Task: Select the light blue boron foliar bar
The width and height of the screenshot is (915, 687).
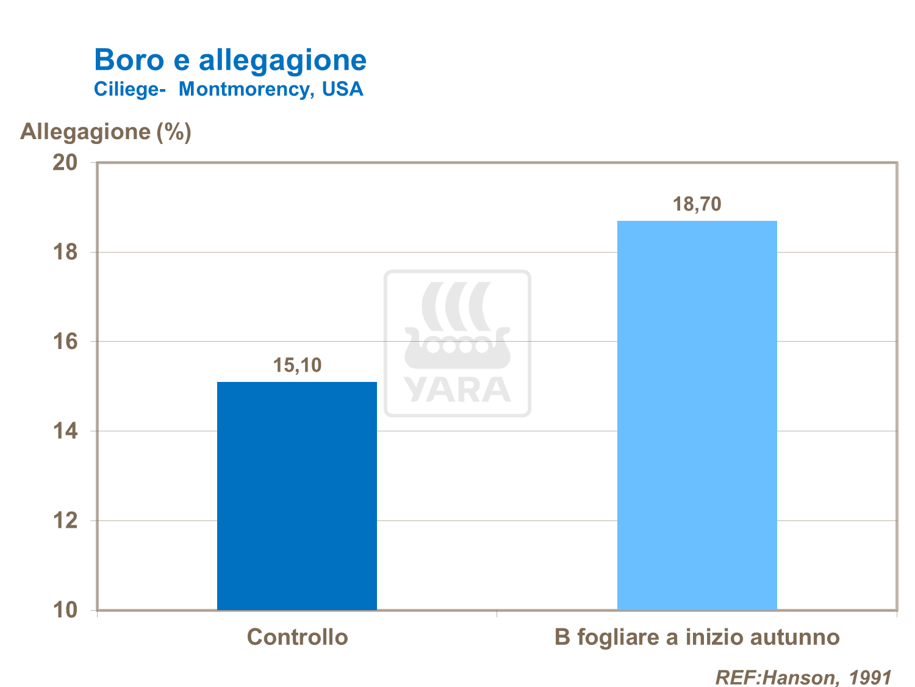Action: click(697, 415)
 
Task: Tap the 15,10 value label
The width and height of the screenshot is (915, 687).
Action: click(297, 365)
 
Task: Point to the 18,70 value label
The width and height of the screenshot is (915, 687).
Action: click(697, 204)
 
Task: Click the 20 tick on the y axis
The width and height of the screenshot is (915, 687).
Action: click(65, 162)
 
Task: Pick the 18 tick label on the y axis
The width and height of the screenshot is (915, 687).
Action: click(65, 252)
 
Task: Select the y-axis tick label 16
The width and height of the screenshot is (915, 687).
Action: click(65, 342)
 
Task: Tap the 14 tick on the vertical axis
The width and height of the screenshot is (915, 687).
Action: click(65, 431)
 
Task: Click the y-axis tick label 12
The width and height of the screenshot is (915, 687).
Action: click(65, 520)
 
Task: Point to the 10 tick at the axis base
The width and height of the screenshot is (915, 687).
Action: click(65, 610)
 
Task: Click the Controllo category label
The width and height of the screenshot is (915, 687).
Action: click(297, 637)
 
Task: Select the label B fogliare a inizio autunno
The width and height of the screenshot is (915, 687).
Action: click(697, 637)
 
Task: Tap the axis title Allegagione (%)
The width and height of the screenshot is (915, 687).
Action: click(106, 131)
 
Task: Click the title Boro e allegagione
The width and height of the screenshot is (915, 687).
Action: click(231, 60)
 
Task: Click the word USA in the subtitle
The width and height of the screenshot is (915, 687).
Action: click(343, 89)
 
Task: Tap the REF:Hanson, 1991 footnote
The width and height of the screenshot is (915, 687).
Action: click(803, 677)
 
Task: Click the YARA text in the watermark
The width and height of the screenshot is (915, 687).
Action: click(457, 390)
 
